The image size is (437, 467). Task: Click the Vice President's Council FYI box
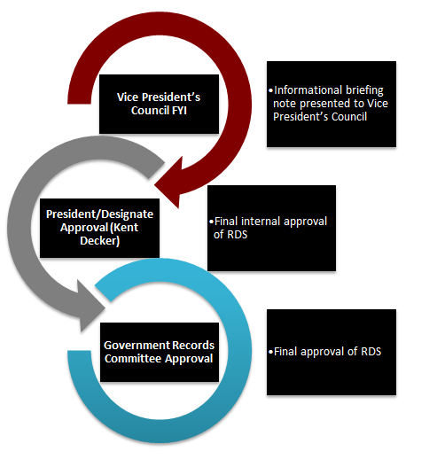coord(159,104)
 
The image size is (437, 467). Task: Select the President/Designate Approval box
coord(99,228)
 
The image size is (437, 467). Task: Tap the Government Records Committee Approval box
coord(160,352)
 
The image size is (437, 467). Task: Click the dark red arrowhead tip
coord(154,185)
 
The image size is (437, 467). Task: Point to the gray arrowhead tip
coord(105,308)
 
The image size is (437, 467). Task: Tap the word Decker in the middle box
coord(100,241)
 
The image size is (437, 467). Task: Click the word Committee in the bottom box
coord(133,358)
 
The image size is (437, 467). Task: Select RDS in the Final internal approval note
coord(238,235)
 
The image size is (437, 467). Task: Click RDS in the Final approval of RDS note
coord(371,352)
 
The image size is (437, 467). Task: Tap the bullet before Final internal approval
coord(211,222)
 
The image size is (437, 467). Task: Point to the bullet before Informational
coord(270,90)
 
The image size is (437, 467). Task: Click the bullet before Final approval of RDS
coord(270,352)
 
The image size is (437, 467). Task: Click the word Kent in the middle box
coord(126,228)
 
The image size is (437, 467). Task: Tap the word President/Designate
coord(99,214)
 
